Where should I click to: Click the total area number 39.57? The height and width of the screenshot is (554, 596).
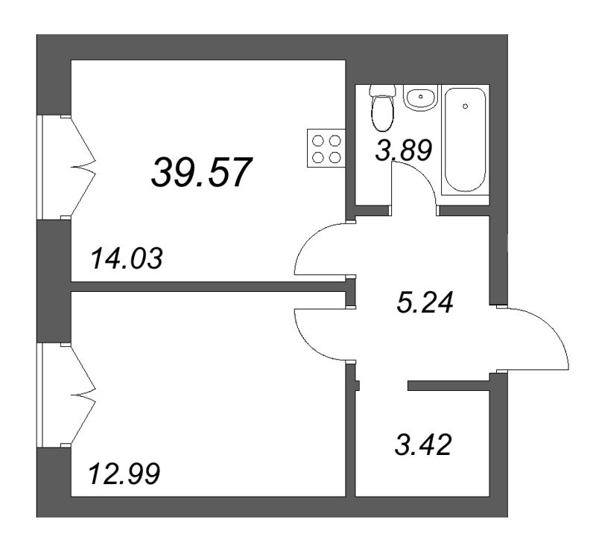tap(202, 173)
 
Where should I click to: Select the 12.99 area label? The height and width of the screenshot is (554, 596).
tap(124, 474)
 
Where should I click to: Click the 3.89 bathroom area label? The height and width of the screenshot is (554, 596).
tap(403, 151)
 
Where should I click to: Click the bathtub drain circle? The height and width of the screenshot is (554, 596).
tap(465, 106)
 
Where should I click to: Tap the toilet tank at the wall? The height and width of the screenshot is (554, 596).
tap(383, 90)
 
